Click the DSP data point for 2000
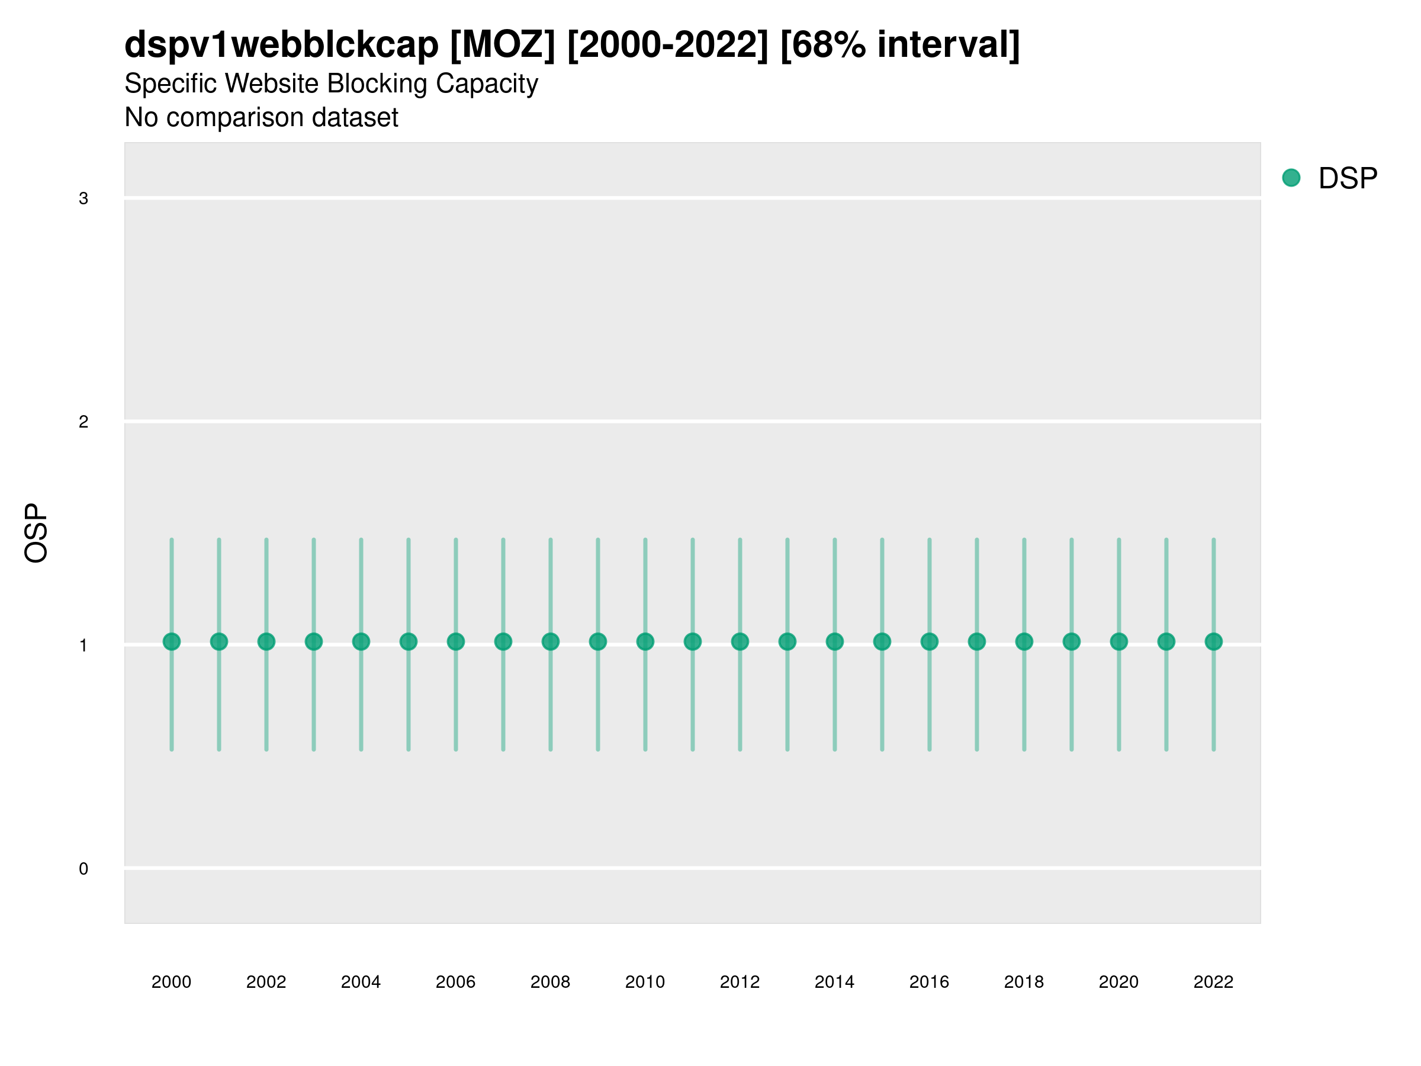tap(172, 641)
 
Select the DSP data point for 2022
tap(1214, 641)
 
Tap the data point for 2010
tap(645, 641)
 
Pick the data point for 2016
tap(930, 641)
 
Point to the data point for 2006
tap(455, 641)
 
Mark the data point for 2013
tap(787, 641)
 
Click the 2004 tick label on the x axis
tap(361, 982)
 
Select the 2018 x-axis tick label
tap(1024, 982)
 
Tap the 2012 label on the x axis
tap(740, 982)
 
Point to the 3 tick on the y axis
tap(83, 198)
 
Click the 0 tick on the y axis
tap(83, 869)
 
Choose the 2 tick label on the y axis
tap(83, 422)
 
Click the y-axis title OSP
tap(36, 532)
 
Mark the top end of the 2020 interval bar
tap(1119, 540)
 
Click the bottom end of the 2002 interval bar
tap(266, 749)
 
